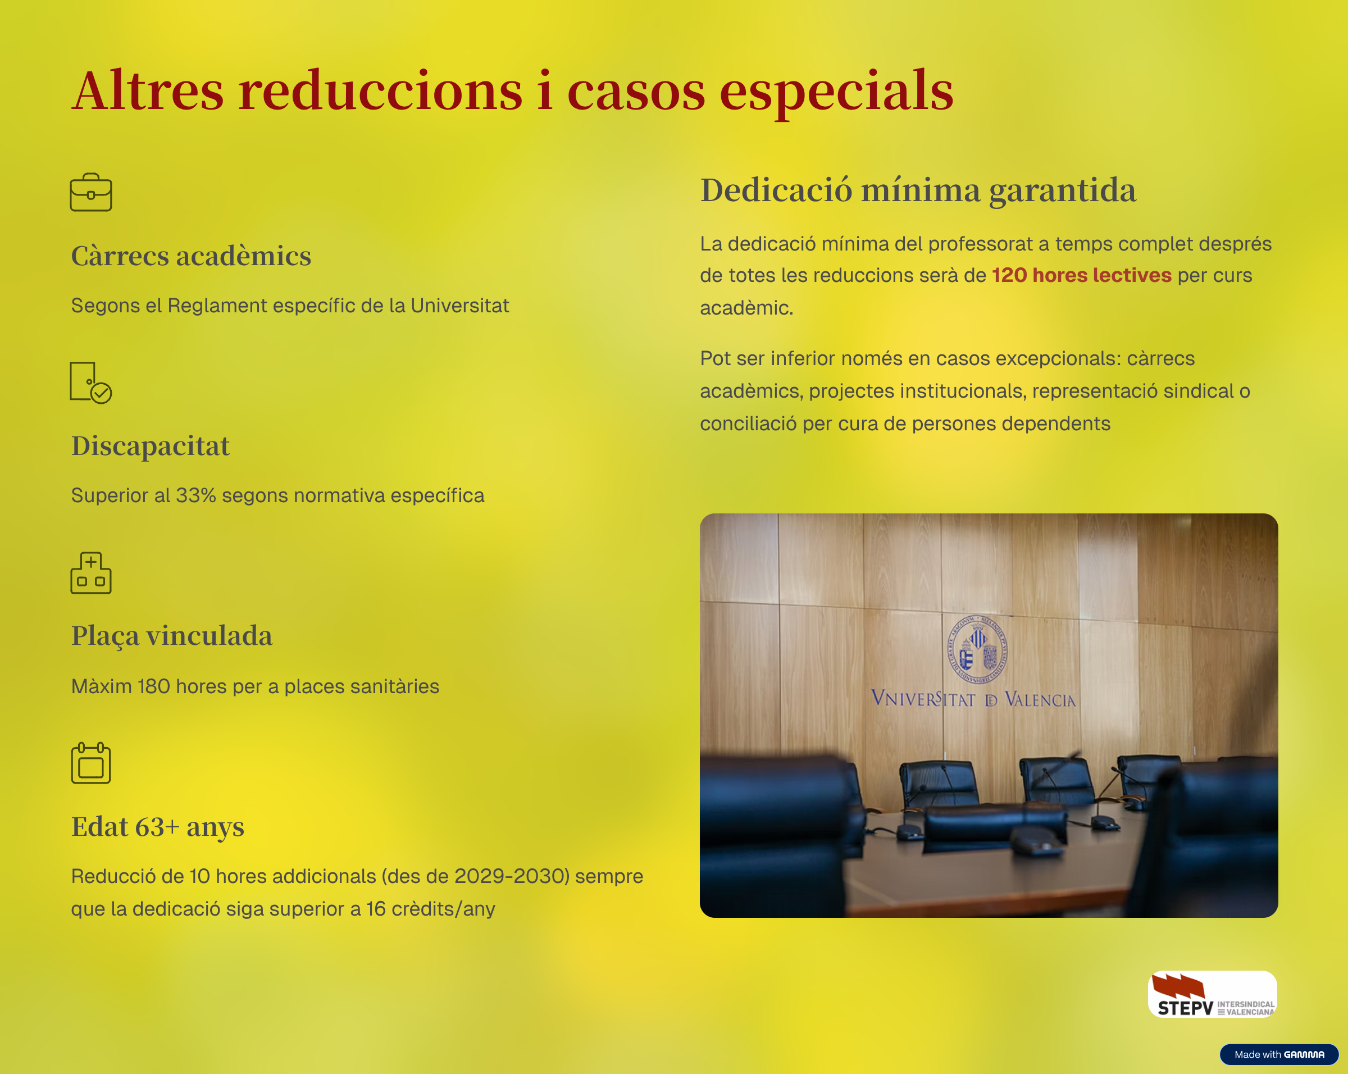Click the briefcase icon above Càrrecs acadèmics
(x=90, y=192)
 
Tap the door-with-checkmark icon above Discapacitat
(x=90, y=383)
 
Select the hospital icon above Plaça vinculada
(x=90, y=572)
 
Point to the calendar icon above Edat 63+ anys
(x=90, y=763)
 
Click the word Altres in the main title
(x=148, y=90)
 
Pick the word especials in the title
(x=836, y=93)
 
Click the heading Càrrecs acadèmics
(x=192, y=256)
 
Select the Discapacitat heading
(x=151, y=447)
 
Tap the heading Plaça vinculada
(x=172, y=636)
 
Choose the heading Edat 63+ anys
(x=158, y=826)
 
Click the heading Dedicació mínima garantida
(x=918, y=190)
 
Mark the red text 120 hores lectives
(x=1082, y=275)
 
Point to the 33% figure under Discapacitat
(x=195, y=495)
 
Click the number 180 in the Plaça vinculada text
(x=154, y=686)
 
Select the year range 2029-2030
(x=512, y=876)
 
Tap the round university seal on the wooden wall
(x=978, y=649)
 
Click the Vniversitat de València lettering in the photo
(x=973, y=699)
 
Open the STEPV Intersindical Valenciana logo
(x=1212, y=994)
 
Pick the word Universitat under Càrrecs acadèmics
(x=459, y=305)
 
